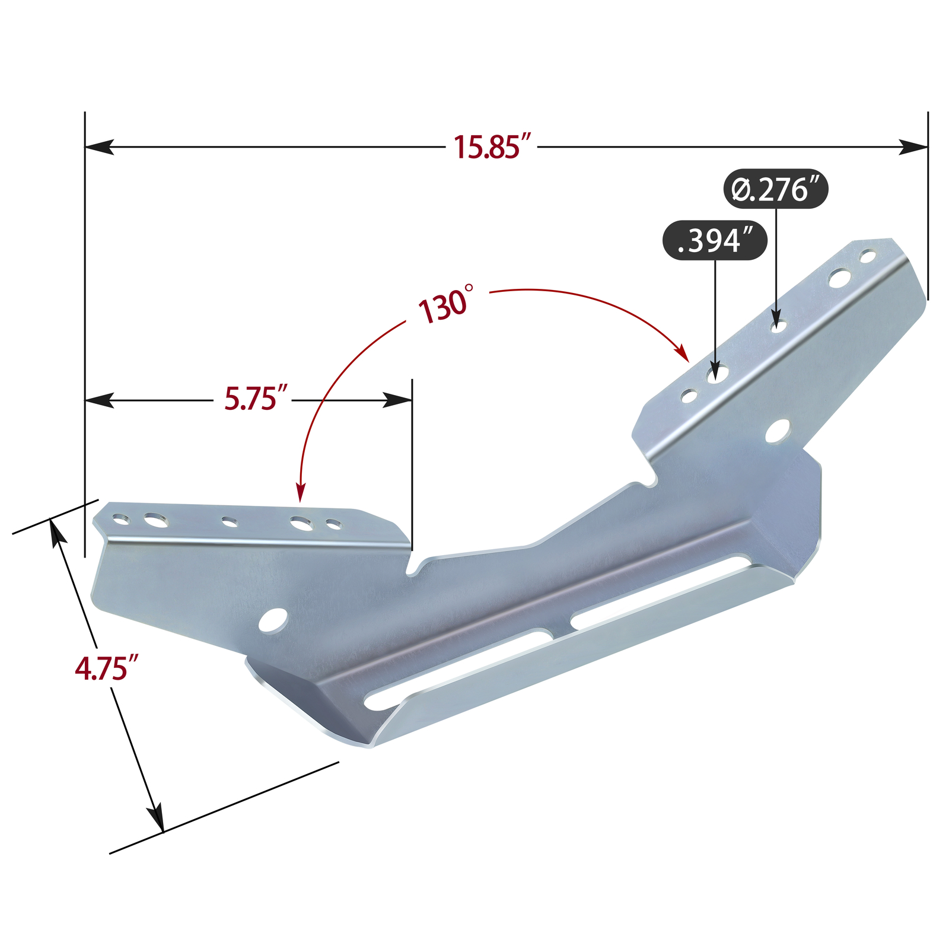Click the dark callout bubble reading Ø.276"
(775, 190)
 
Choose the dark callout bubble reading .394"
(714, 241)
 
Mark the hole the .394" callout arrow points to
(717, 374)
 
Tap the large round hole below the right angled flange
(778, 431)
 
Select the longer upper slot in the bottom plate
(658, 591)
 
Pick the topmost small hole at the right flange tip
(868, 257)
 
